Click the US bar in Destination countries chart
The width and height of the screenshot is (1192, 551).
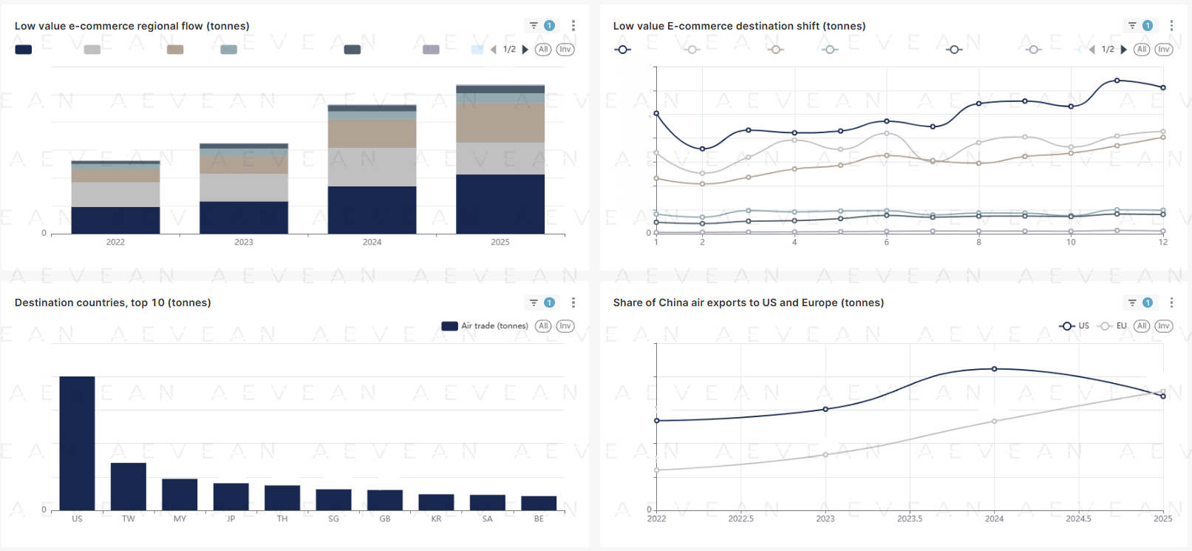[x=77, y=443]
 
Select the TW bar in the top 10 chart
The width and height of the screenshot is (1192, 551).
[x=129, y=486]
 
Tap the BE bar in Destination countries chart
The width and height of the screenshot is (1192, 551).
[x=539, y=503]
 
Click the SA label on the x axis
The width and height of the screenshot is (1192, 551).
[x=487, y=519]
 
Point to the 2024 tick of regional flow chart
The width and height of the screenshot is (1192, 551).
[x=372, y=242]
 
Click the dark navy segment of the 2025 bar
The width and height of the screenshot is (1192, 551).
[x=500, y=204]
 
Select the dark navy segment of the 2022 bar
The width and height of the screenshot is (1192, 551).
[x=115, y=220]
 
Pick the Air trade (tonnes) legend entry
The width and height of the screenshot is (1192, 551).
[x=485, y=326]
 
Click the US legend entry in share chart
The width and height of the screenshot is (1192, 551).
[x=1074, y=326]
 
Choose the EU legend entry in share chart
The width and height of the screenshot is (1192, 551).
[x=1113, y=326]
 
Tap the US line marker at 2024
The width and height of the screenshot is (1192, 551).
[x=994, y=369]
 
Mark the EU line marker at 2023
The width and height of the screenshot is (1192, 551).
[x=825, y=455]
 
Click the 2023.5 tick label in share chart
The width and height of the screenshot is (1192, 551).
[x=910, y=519]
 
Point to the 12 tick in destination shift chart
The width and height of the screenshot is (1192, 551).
[x=1163, y=243]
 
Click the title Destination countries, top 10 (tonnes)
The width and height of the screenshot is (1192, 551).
[x=113, y=302]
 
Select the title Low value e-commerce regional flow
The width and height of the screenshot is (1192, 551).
[x=132, y=26]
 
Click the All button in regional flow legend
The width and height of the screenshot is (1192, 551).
[x=543, y=50]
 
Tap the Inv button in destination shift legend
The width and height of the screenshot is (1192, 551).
[x=1164, y=50]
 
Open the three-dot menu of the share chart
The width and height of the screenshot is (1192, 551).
[x=1171, y=302]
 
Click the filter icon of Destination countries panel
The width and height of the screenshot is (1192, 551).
[x=534, y=302]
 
